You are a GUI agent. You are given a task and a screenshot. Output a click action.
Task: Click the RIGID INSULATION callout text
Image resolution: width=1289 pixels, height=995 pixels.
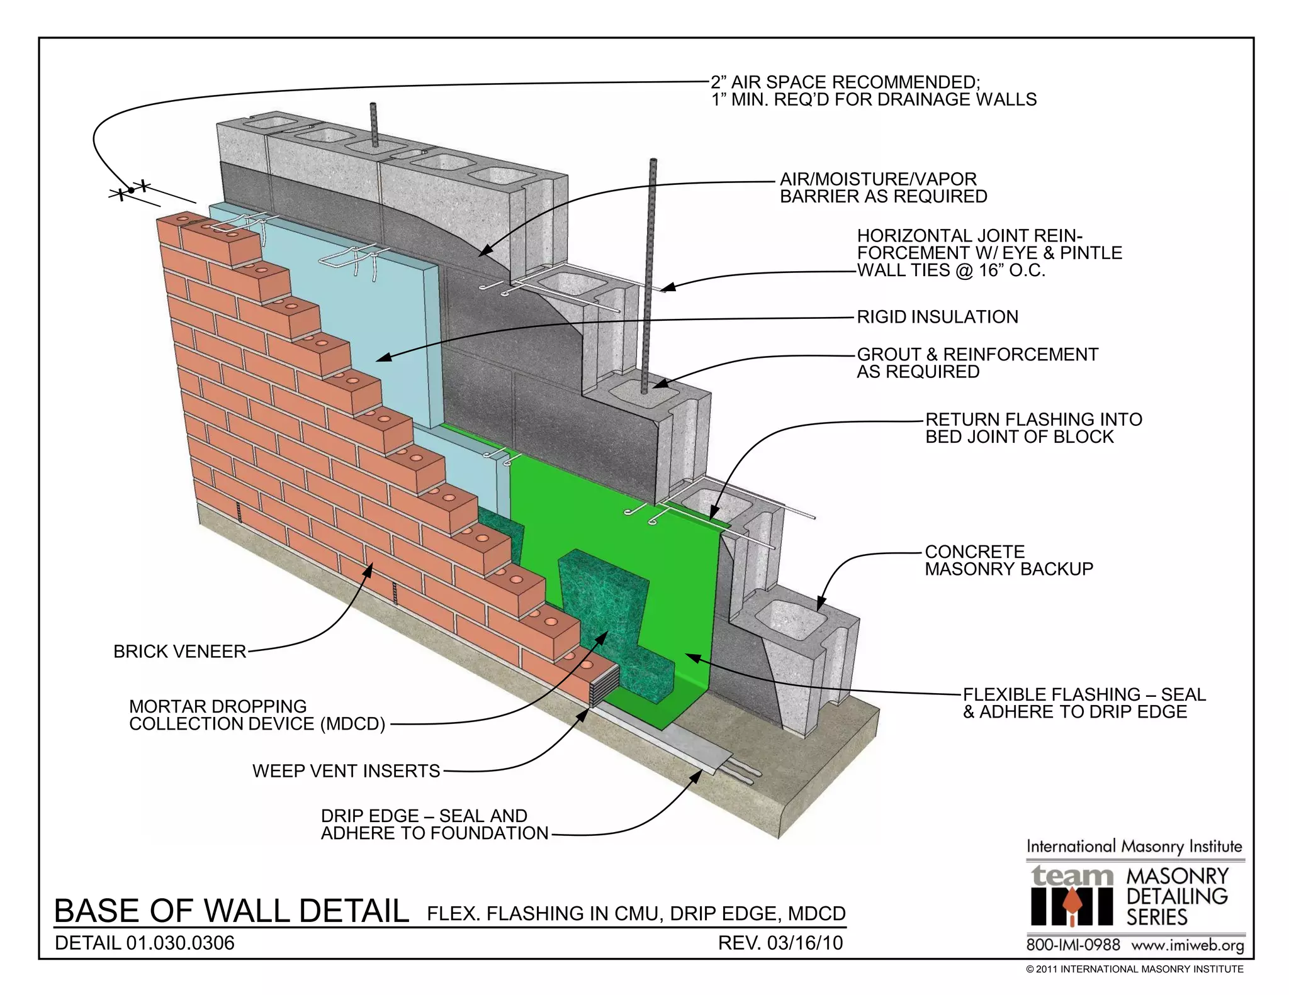(x=937, y=317)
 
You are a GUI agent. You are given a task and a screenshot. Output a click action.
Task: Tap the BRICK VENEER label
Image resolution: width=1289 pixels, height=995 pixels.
(x=179, y=652)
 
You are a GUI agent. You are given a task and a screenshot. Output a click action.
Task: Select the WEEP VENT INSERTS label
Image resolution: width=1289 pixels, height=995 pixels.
(x=346, y=771)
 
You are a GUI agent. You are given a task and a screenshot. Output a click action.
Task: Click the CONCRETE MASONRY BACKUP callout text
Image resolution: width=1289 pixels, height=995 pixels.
(x=1008, y=560)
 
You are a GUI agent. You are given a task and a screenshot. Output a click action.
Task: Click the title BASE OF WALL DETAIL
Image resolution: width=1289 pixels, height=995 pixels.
(x=232, y=911)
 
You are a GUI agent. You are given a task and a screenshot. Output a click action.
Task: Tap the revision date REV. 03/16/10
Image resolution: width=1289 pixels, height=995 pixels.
(x=780, y=943)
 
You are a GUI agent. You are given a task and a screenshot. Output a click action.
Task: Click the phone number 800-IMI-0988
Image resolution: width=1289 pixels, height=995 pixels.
(x=1072, y=945)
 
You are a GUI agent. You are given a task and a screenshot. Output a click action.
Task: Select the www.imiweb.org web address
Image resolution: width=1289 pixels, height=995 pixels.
(x=1187, y=945)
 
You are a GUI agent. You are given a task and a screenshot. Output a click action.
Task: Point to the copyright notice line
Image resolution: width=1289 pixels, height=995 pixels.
(x=1134, y=969)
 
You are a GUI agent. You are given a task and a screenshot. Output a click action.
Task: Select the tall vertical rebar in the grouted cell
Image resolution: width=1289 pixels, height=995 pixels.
(x=651, y=270)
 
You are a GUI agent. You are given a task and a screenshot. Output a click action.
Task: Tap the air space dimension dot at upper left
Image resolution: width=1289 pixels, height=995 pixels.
(x=131, y=190)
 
